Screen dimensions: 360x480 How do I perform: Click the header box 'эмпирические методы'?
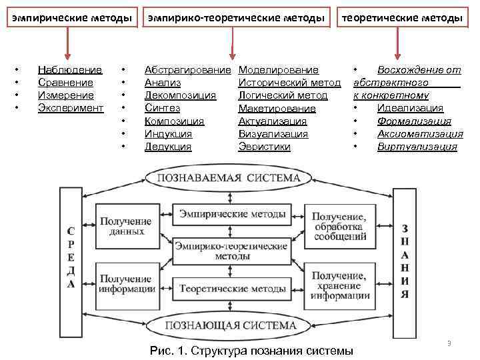[69, 19]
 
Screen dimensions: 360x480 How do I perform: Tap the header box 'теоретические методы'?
[401, 19]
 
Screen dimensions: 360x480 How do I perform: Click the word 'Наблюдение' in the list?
[70, 69]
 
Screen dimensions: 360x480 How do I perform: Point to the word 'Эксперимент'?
[71, 107]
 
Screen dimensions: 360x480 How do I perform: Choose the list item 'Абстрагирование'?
[188, 69]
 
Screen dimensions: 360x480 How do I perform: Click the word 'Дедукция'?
[168, 147]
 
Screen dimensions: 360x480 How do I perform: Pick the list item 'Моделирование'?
[278, 69]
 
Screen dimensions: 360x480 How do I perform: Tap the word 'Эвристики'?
[264, 147]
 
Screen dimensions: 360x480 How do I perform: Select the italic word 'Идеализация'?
[410, 108]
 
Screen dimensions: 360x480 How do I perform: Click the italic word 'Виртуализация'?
[417, 147]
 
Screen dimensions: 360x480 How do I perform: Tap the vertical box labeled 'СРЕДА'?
[71, 256]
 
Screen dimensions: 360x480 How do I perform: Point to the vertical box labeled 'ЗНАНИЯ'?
[404, 256]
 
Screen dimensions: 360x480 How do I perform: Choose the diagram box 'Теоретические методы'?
[231, 289]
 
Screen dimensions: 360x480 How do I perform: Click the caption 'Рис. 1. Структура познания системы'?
[251, 350]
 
